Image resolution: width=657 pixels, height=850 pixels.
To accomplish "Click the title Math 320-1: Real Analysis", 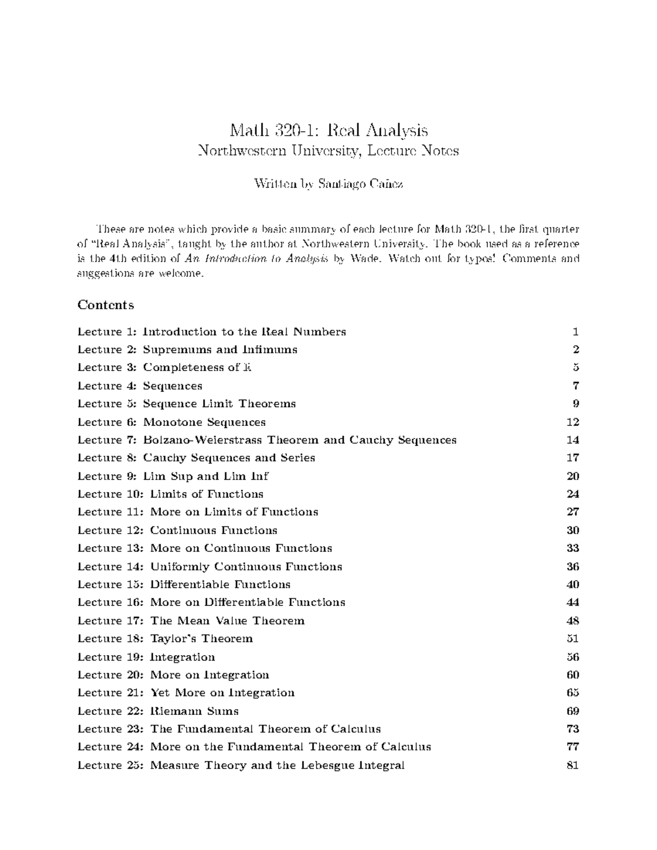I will point(328,130).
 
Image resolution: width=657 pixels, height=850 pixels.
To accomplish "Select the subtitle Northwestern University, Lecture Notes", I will point(328,151).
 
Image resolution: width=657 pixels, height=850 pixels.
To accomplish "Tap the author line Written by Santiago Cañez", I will point(328,184).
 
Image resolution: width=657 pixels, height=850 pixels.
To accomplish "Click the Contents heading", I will point(105,305).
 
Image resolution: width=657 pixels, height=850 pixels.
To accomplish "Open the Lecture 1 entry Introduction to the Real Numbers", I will point(211,332).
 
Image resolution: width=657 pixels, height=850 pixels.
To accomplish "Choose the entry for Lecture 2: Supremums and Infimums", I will point(187,350).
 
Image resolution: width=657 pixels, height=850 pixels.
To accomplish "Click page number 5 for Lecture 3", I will point(575,368).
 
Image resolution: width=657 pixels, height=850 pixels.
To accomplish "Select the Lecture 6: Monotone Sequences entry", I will point(171,422).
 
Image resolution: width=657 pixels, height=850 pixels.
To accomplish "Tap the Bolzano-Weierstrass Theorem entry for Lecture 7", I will point(267,440).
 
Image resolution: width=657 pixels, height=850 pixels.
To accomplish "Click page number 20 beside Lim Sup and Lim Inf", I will point(573,476).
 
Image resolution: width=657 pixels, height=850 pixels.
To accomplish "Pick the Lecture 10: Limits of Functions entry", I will point(170,494).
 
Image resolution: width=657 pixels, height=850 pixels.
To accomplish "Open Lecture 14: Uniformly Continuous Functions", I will point(210,566).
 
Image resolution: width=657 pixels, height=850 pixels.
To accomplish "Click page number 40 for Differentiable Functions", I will point(573,585).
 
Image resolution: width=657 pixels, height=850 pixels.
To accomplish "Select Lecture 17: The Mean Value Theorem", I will point(191,621).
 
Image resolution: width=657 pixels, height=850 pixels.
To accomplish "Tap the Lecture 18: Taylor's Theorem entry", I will point(165,639).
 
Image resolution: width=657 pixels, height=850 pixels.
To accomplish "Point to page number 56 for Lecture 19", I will point(573,657).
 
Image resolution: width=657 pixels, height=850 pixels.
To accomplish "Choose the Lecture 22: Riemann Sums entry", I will point(158,711).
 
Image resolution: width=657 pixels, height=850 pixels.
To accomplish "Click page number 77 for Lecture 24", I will point(573,747).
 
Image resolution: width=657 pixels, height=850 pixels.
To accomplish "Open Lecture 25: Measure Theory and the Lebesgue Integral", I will point(241,765).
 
